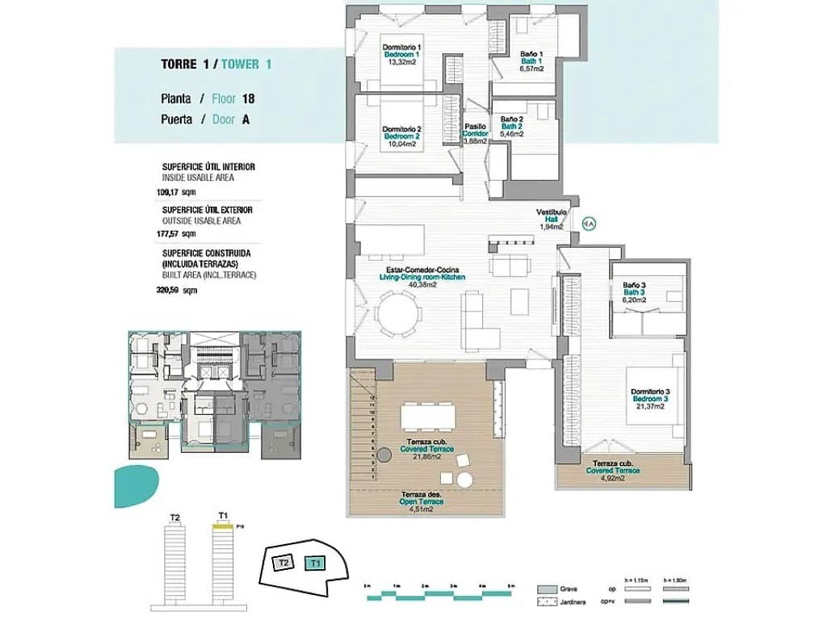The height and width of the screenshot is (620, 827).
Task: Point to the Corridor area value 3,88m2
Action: pyautogui.click(x=475, y=141)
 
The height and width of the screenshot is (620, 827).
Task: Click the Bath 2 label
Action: pyautogui.click(x=512, y=127)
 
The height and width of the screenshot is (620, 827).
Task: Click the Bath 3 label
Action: pyautogui.click(x=634, y=292)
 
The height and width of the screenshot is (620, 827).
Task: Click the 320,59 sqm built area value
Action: pyautogui.click(x=177, y=290)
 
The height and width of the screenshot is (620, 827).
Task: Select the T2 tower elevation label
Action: pyautogui.click(x=174, y=517)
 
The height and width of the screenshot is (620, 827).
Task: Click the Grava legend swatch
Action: pyautogui.click(x=546, y=589)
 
